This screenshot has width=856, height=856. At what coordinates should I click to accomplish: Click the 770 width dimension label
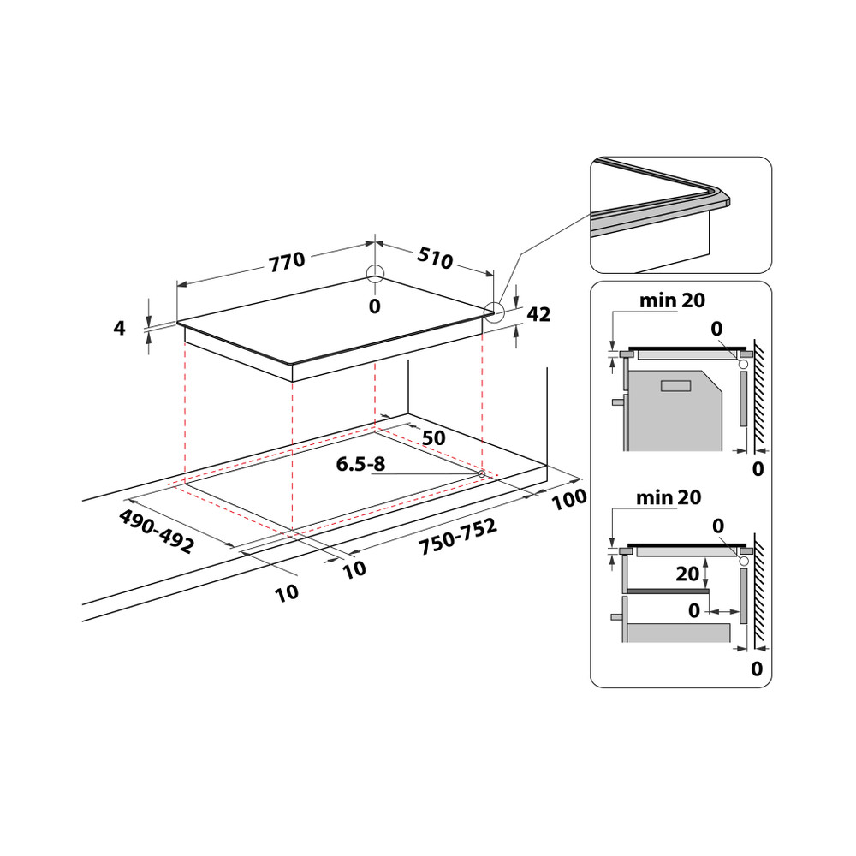point(287,261)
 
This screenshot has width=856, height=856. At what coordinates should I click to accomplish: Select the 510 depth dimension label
point(435,258)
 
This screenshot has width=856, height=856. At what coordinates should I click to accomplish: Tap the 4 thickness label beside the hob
point(120,327)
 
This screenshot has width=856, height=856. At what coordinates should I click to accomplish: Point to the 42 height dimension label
point(538,314)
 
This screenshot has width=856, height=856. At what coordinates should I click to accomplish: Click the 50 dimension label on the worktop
point(434,437)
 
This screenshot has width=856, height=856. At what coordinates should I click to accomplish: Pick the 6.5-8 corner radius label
point(361,465)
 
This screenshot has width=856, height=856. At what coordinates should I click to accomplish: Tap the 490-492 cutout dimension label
point(157,532)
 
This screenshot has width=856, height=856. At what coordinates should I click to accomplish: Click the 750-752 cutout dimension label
point(458,538)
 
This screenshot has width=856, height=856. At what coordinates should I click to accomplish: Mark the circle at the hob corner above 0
point(375,274)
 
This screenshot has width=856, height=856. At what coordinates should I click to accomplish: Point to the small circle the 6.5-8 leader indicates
point(482,474)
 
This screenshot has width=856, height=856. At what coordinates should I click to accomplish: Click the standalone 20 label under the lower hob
point(687,574)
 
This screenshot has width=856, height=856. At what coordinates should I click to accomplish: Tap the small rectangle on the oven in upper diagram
point(675,385)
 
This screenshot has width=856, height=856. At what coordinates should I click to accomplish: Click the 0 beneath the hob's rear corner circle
point(374,306)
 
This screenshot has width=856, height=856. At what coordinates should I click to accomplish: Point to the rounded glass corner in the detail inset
point(719,196)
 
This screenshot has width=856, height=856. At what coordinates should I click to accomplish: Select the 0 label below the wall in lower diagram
point(756,669)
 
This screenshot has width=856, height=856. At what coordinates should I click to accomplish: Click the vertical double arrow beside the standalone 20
point(705,574)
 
